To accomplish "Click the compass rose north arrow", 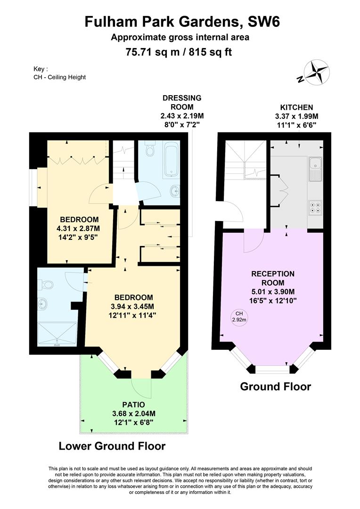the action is point(313,73).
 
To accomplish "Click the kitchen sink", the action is point(315,169).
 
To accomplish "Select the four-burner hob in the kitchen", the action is point(315,208).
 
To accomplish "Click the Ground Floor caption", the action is point(276,386).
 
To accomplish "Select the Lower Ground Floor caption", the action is point(112,446).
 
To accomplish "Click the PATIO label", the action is point(133,405).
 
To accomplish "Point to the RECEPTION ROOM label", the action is point(273,278).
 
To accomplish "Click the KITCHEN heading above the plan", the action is point(296,107).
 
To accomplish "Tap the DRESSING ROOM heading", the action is point(182,102).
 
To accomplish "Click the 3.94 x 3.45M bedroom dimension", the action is point(132,306).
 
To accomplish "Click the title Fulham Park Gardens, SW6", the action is point(182,22).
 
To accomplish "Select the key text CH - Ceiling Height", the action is point(60,77).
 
